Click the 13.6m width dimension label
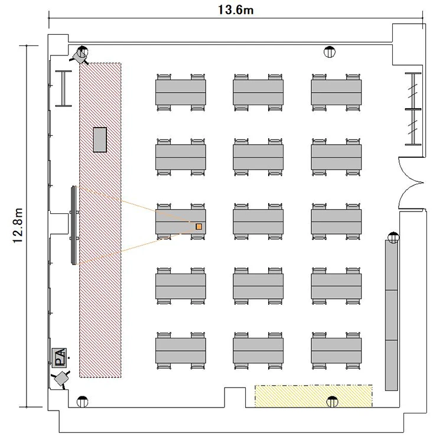pos(236,10)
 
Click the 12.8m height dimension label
pos(18,226)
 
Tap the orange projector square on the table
pos(199,226)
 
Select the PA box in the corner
pos(59,358)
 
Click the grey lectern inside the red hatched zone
pos(100,139)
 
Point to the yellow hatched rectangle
pos(314,396)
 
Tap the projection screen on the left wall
pos(74,225)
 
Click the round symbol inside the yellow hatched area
pos(332,402)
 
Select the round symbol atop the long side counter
pos(393,237)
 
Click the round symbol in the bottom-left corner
pos(82,402)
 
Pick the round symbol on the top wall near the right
pos(330,52)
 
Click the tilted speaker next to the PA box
pos(61,379)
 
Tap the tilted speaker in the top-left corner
pos(79,56)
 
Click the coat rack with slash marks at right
pos(413,109)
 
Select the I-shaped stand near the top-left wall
pos(64,89)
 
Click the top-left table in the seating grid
pos(181,92)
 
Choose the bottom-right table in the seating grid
pos(336,351)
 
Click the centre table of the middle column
pos(258,221)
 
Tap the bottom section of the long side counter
pos(392,365)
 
